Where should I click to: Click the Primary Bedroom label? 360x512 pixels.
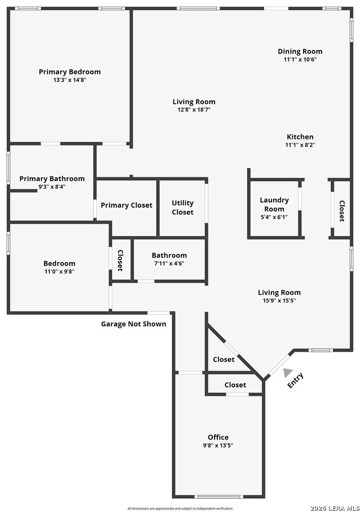[x=70, y=72]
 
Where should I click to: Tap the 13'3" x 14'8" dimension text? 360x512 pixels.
[x=70, y=80]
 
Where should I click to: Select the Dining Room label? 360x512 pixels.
[x=300, y=52]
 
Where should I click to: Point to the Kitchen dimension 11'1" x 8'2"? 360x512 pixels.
[x=300, y=145]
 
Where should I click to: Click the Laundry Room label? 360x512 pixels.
[x=274, y=204]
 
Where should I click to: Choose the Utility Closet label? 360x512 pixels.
[x=182, y=207]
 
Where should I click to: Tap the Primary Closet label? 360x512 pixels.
[x=126, y=205]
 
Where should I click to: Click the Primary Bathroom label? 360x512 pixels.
[x=52, y=179]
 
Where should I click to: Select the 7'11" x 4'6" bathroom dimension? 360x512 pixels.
[x=169, y=264]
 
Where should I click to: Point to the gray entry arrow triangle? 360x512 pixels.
[x=287, y=373]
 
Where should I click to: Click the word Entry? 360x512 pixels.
[x=296, y=380]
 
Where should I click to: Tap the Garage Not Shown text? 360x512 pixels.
[x=134, y=324]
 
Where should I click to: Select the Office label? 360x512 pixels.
[x=218, y=437]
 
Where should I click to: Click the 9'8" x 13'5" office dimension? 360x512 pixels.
[x=218, y=445]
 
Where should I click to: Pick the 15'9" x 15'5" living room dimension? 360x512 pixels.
[x=279, y=301]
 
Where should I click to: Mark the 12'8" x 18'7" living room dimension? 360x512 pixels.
[x=194, y=110]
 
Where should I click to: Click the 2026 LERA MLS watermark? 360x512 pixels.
[x=334, y=508]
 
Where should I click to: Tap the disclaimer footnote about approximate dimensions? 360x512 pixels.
[x=180, y=508]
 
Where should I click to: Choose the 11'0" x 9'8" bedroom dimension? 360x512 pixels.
[x=59, y=271]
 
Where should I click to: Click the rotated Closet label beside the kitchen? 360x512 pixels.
[x=342, y=211]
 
